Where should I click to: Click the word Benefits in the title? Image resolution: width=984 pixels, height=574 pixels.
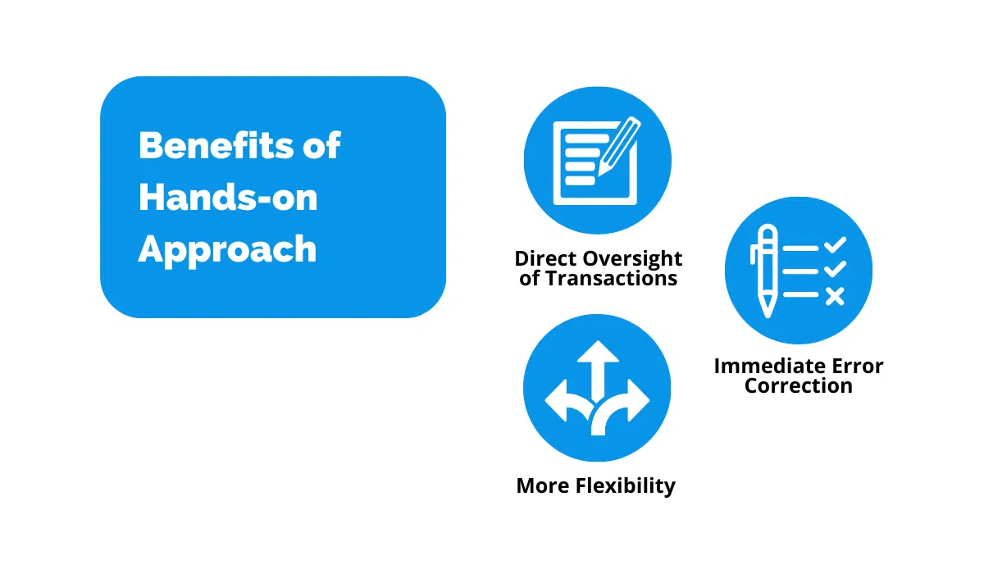pyautogui.click(x=216, y=146)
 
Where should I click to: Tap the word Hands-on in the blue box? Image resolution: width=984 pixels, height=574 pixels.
pyautogui.click(x=228, y=197)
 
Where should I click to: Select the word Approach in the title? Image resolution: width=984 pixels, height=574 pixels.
pyautogui.click(x=227, y=249)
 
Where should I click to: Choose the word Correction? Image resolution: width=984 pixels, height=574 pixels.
pyautogui.click(x=798, y=385)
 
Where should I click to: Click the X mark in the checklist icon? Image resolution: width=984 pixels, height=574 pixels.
pyautogui.click(x=835, y=295)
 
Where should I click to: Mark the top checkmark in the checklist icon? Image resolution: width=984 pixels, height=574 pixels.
pyautogui.click(x=835, y=244)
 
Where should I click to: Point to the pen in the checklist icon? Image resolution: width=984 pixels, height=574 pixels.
pyautogui.click(x=766, y=271)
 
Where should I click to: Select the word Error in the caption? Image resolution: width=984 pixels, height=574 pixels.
pyautogui.click(x=858, y=366)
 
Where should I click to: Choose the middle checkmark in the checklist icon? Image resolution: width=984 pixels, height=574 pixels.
pyautogui.click(x=835, y=270)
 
